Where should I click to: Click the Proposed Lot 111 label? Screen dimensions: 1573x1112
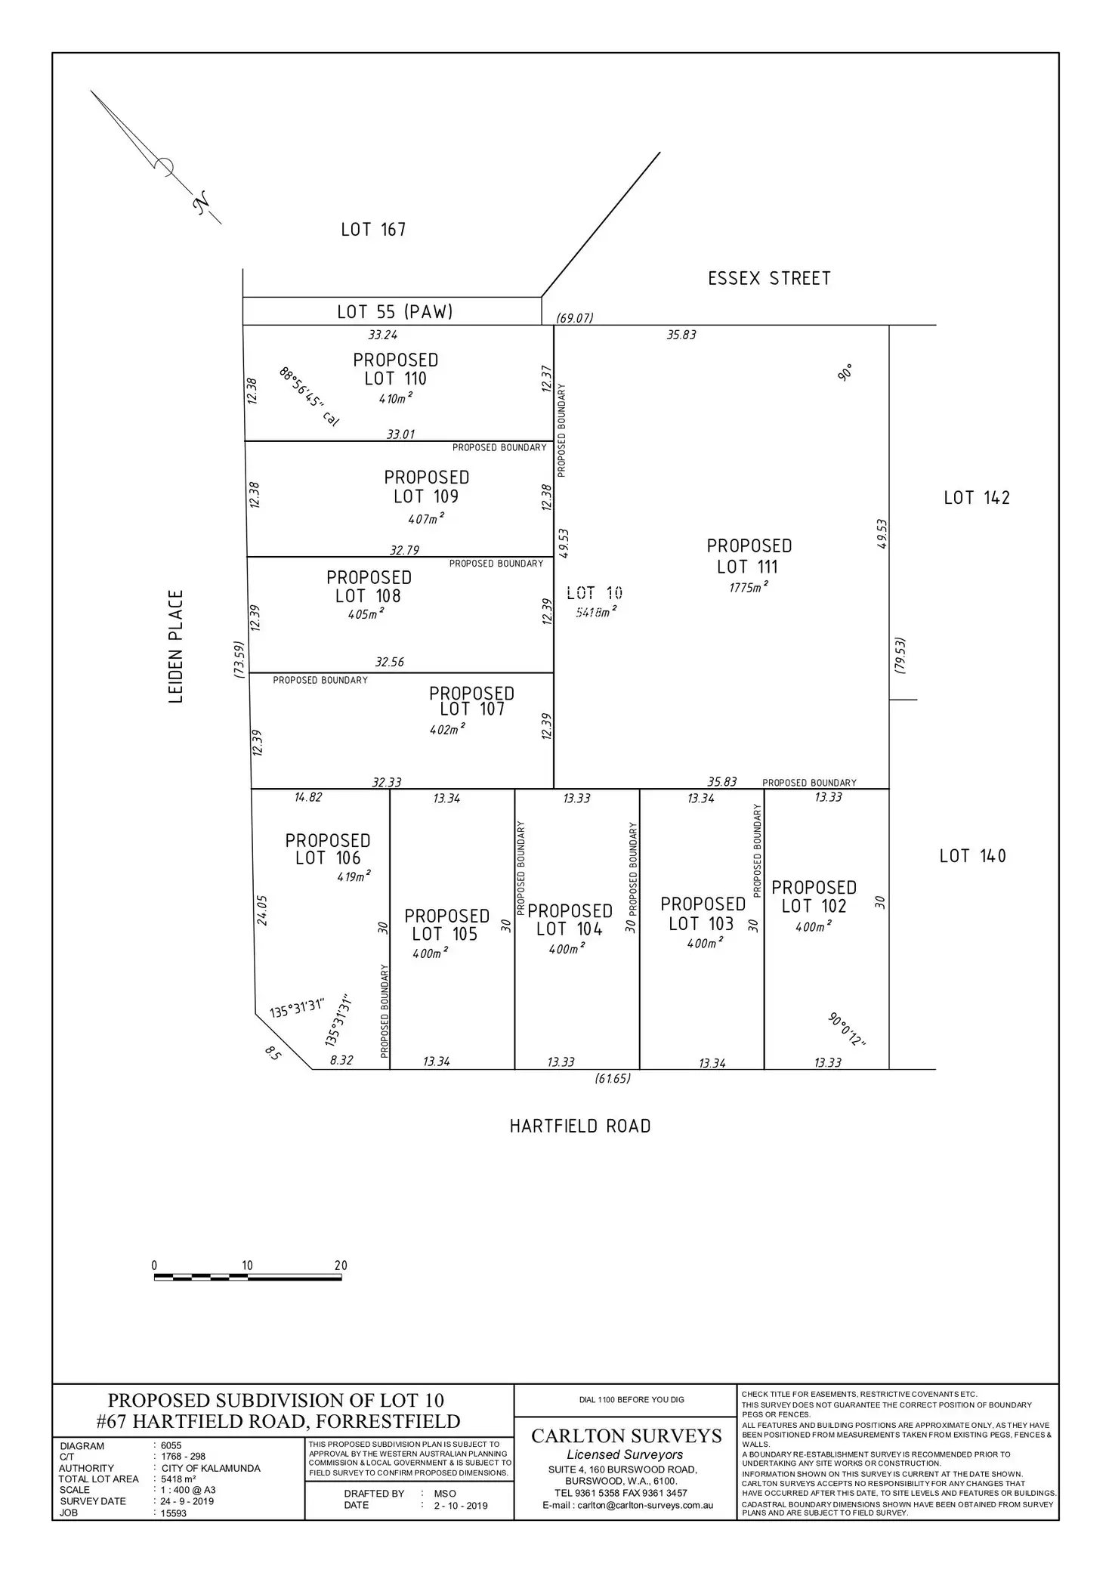749,556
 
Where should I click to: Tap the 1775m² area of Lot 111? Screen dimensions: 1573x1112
749,587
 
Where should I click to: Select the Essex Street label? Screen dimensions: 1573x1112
769,279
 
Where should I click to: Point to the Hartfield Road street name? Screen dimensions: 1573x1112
580,1126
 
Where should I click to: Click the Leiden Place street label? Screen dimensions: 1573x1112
176,647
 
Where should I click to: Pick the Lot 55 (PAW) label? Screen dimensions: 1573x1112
394,311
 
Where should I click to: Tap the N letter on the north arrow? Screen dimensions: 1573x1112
201,203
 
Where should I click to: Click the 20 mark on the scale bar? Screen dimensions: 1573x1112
341,1266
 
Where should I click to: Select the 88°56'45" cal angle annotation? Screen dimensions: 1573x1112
308,397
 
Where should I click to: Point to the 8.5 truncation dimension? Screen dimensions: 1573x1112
273,1053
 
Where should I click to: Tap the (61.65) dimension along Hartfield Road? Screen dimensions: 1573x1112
612,1079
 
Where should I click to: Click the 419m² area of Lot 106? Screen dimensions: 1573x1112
354,876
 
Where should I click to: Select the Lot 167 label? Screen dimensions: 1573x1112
373,230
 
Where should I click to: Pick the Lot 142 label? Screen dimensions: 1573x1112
976,498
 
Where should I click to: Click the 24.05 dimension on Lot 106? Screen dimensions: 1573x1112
262,910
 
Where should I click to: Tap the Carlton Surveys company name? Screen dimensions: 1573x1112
626,1435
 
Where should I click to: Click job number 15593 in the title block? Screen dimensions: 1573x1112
174,1513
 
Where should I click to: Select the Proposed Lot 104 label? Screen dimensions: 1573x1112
570,920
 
